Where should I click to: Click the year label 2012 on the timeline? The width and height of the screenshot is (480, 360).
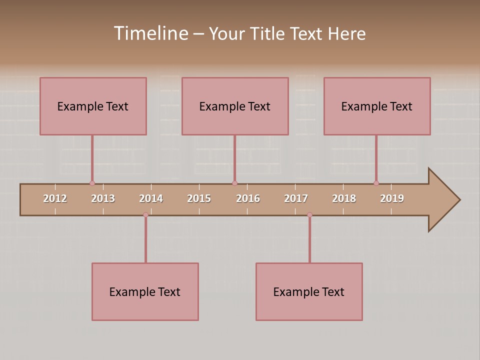point(55,198)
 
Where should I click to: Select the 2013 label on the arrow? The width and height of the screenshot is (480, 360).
point(103,198)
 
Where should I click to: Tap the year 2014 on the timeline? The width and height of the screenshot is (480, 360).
point(151,198)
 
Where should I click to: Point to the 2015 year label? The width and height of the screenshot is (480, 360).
point(199,198)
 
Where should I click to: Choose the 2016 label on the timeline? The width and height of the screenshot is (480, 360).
point(248,198)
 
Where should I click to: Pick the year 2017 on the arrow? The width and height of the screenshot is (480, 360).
point(296,198)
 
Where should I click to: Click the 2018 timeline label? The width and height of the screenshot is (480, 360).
point(344,198)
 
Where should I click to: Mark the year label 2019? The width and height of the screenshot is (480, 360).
point(392,198)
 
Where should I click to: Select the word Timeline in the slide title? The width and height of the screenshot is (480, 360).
point(150,33)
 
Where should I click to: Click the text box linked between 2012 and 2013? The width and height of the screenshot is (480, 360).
point(93,106)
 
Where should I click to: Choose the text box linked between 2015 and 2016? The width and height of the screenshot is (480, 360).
point(235,106)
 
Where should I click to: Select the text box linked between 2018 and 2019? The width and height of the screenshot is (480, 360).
point(377,106)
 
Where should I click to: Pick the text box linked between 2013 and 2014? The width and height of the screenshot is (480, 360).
point(145,291)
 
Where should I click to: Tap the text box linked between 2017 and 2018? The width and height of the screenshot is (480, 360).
point(309,291)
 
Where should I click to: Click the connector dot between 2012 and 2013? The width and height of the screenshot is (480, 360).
point(92,183)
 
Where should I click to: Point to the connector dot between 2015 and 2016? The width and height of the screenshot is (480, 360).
point(234,183)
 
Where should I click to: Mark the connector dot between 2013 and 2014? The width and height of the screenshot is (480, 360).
point(145,214)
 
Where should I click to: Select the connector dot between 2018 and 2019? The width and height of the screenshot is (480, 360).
point(376,183)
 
